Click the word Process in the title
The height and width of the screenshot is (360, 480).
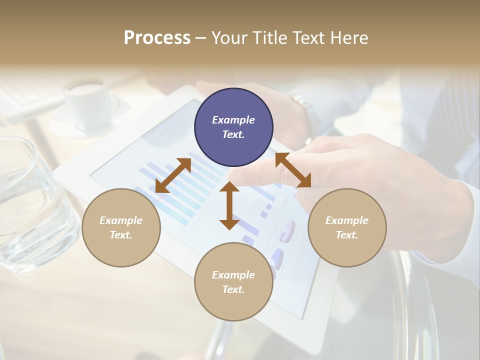pyautogui.click(x=157, y=38)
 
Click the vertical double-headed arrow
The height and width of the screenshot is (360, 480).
pyautogui.click(x=229, y=205)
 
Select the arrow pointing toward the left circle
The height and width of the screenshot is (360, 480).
pyautogui.click(x=173, y=175)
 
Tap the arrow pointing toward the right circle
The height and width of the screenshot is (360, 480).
pyautogui.click(x=293, y=170)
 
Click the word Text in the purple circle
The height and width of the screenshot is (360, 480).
pyautogui.click(x=233, y=134)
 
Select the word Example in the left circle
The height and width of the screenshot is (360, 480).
pyautogui.click(x=121, y=220)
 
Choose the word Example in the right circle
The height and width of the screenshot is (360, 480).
pyautogui.click(x=347, y=220)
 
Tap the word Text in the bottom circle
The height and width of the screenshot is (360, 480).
pyautogui.click(x=233, y=289)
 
